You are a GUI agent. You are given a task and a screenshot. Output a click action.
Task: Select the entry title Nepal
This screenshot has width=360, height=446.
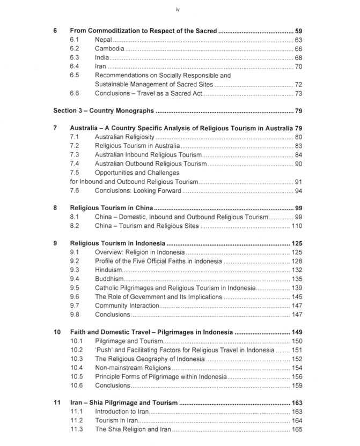click(x=104, y=40)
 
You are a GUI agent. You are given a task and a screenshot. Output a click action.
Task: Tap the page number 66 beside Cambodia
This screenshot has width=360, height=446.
click(x=298, y=49)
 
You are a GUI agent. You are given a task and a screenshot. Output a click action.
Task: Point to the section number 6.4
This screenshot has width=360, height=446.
click(x=75, y=66)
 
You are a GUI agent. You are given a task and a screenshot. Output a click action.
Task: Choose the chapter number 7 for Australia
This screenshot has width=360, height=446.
click(x=56, y=128)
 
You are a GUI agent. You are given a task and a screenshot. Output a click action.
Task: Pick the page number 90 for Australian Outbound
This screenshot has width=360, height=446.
click(x=298, y=163)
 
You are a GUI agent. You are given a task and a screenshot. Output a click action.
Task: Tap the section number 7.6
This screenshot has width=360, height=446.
click(x=75, y=190)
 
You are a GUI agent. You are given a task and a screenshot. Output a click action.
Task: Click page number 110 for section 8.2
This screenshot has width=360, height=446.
click(x=296, y=226)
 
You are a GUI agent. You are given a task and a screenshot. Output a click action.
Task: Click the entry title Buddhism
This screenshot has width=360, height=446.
click(x=109, y=279)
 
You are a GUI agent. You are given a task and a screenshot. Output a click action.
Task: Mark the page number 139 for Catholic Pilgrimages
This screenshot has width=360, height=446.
click(x=296, y=288)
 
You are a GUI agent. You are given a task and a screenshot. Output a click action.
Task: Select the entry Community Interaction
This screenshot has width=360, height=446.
click(x=127, y=305)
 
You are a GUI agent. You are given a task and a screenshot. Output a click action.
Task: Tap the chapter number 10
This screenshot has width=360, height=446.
click(x=57, y=332)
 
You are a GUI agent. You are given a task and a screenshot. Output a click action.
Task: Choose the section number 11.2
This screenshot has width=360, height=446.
click(x=76, y=420)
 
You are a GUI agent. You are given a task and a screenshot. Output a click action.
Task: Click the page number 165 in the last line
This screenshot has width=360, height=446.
click(x=296, y=429)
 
